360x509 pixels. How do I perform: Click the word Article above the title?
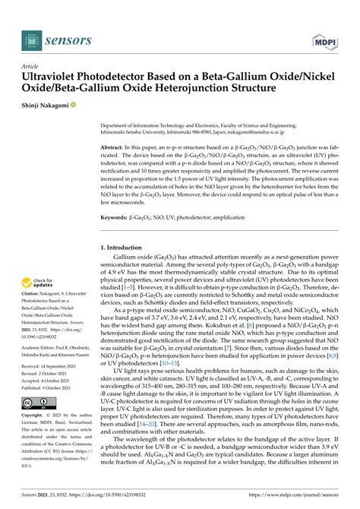tap(31, 65)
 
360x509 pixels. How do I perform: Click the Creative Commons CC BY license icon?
tap(38, 402)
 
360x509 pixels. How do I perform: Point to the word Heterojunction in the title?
tap(215, 90)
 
